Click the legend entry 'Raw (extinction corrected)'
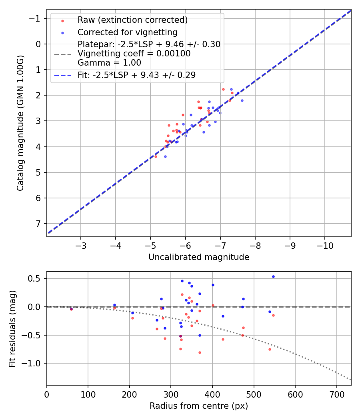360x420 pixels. coord(132,20)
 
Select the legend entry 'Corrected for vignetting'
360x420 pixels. coord(128,32)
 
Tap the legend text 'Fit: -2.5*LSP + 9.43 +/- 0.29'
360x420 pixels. coord(136,75)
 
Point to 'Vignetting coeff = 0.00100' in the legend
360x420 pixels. coord(134,54)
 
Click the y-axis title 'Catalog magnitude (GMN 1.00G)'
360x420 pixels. coord(20,123)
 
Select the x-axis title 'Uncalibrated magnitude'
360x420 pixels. coord(199,257)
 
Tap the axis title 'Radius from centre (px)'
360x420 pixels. coord(199,406)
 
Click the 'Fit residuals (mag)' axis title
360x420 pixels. coord(12,328)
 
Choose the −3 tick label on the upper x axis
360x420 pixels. coord(81,245)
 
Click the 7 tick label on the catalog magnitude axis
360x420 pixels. coord(39,224)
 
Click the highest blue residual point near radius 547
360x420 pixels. coord(273,276)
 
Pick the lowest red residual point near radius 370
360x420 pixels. coord(200,352)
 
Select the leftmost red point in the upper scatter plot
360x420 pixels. coord(156,156)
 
